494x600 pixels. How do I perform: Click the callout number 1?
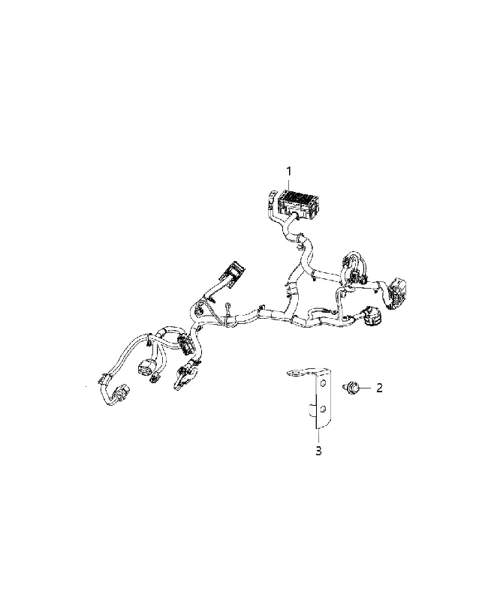point(289,172)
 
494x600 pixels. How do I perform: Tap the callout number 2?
point(379,388)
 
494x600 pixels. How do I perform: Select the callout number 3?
point(318,451)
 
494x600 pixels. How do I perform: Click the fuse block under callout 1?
point(300,202)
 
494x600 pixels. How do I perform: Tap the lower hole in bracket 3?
point(324,410)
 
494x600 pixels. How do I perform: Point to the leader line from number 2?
point(366,388)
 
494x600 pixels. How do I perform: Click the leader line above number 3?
point(318,436)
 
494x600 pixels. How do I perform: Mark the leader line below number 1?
point(289,184)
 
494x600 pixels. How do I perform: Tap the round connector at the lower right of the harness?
point(371,316)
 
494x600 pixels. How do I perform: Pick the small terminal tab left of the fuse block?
point(270,199)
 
